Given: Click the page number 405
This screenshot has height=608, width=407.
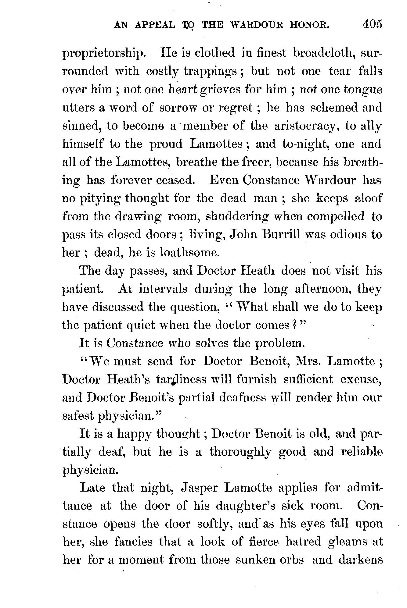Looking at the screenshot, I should [372, 24].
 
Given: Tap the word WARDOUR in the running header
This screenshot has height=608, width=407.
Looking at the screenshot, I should [255, 25].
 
